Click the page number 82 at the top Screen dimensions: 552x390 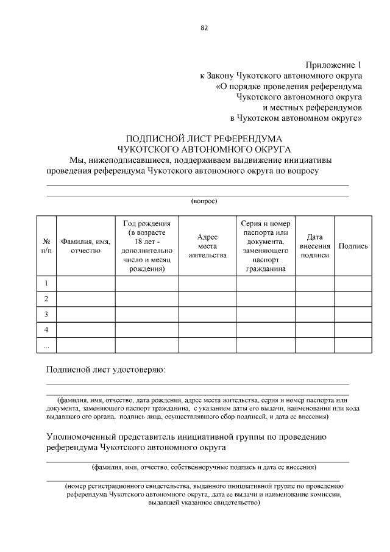click(x=204, y=27)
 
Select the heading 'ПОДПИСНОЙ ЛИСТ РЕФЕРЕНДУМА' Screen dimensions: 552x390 click(x=204, y=138)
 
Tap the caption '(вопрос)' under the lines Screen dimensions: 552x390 click(x=204, y=201)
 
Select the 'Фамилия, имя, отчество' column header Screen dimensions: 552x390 click(x=85, y=246)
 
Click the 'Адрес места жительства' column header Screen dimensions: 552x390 click(x=207, y=246)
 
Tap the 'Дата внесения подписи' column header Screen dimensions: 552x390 click(x=314, y=246)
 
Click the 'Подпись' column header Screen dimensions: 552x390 click(x=353, y=246)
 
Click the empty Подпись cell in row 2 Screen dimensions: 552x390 click(x=353, y=299)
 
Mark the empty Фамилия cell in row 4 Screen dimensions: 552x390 click(x=85, y=330)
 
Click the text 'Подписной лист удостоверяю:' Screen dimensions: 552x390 click(x=106, y=370)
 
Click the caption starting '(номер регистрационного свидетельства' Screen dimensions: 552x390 click(x=204, y=495)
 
